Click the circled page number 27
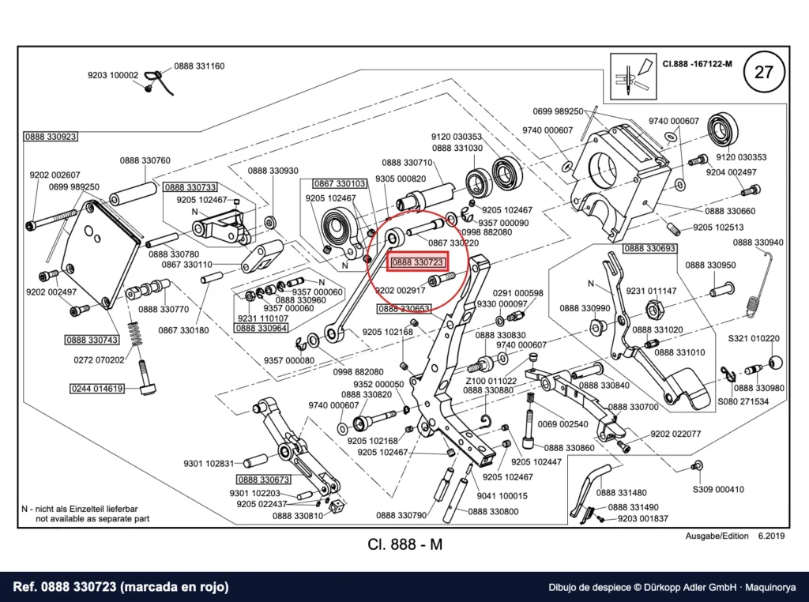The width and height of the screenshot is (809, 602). coord(764,72)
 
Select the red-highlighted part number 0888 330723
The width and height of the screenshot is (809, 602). coord(417,262)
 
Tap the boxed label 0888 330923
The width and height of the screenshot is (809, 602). coord(51,137)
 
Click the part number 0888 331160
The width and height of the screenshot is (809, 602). coord(199,66)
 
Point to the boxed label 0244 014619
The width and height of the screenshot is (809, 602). coord(97,389)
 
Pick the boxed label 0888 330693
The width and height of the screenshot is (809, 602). coord(649,249)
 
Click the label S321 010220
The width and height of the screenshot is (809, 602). coord(754,339)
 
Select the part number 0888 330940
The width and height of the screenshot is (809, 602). coord(758,243)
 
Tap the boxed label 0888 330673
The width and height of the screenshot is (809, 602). coord(264,480)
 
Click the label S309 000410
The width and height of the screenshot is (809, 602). coord(718,490)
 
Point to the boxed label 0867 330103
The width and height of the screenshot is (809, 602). coord(340,183)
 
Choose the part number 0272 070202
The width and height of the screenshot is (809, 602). coord(99,360)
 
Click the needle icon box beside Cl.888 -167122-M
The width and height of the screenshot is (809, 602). coord(633,77)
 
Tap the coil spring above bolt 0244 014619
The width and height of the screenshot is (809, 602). coord(135,333)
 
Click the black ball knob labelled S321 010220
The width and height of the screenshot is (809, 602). coord(776,362)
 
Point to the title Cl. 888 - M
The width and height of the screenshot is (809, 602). coord(405,544)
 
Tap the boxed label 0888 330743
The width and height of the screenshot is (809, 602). coord(92,340)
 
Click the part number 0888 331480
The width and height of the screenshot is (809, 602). coord(621,493)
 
